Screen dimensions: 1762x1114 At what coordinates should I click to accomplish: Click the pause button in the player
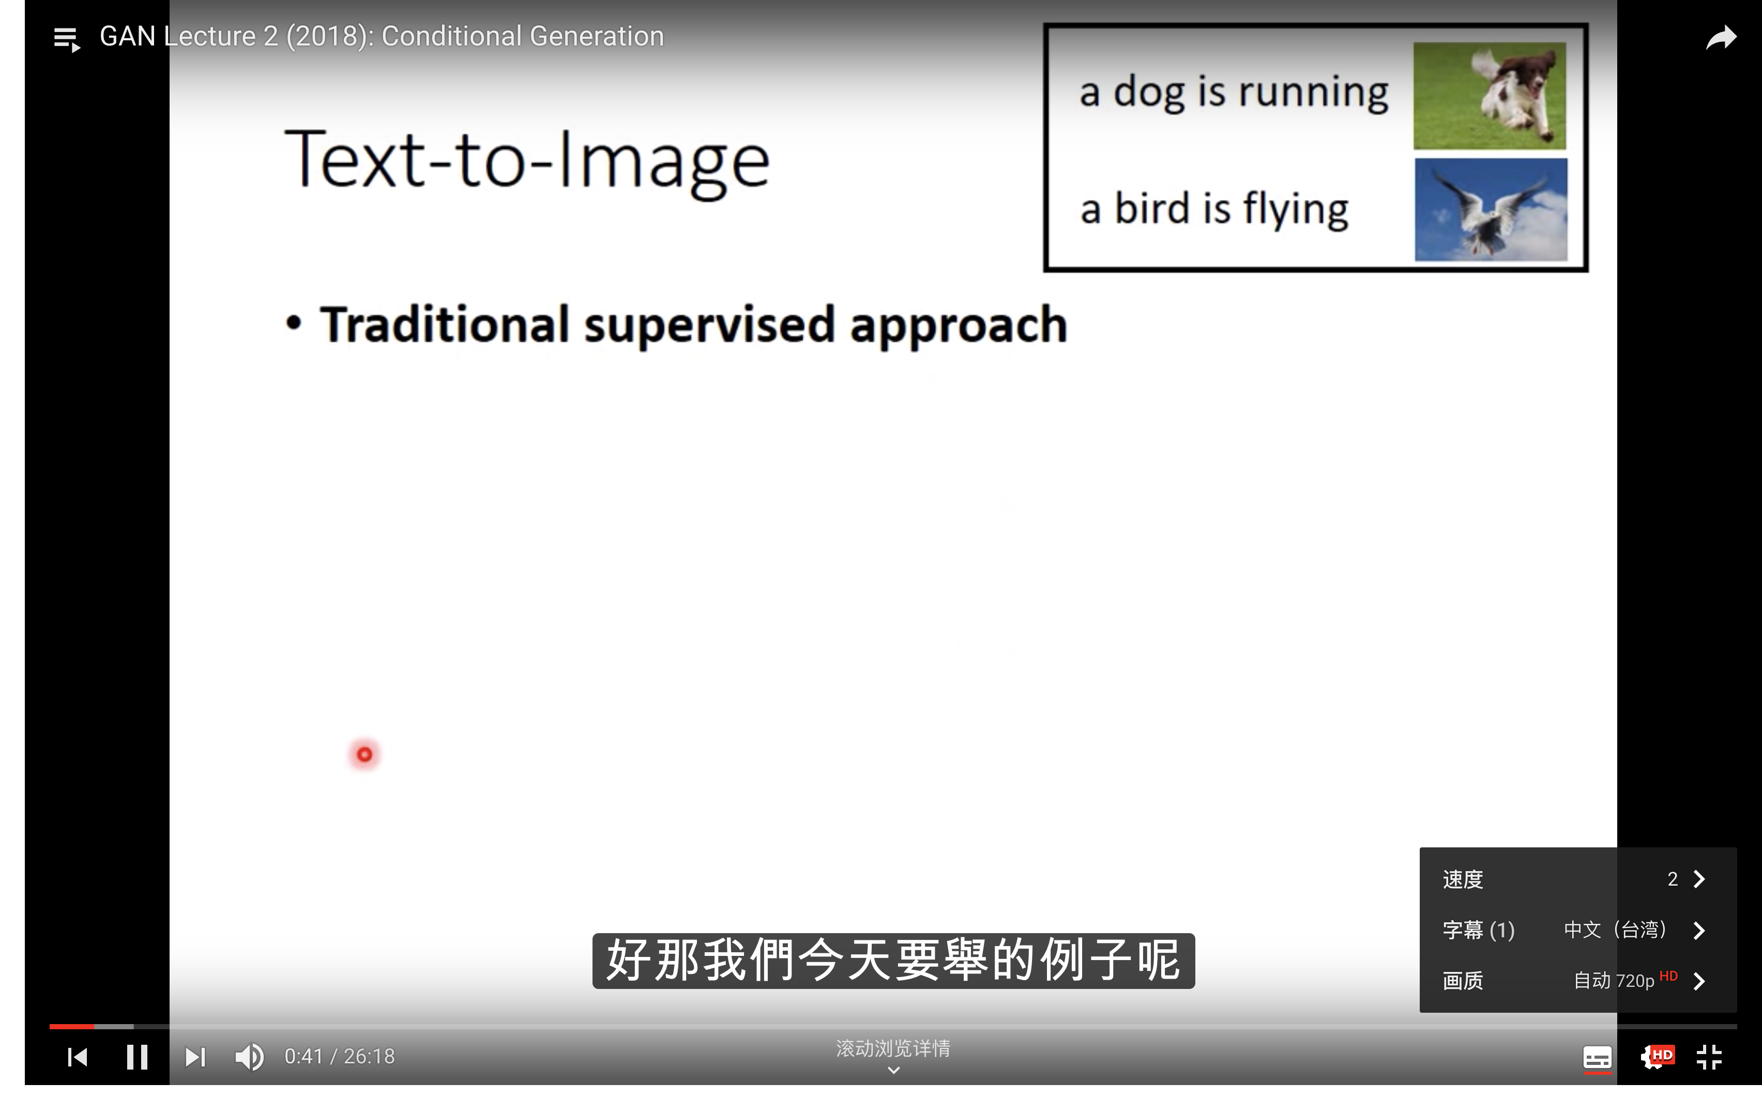click(137, 1056)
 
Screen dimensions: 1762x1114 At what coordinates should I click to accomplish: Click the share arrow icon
click(1721, 37)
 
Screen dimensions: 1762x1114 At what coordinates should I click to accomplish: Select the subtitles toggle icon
click(1598, 1058)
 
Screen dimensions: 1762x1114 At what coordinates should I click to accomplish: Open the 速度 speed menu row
click(1577, 878)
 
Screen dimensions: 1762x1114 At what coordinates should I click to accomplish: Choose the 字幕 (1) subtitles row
click(1577, 930)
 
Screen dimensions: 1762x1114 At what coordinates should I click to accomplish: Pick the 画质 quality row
click(1577, 980)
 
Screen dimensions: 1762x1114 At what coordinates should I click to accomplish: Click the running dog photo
click(1489, 96)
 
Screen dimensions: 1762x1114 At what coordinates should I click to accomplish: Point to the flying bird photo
click(1491, 209)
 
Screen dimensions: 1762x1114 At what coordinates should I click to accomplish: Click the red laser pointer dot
click(364, 754)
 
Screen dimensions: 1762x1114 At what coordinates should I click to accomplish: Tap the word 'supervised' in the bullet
click(709, 325)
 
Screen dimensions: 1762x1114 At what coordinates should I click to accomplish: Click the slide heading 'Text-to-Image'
click(527, 161)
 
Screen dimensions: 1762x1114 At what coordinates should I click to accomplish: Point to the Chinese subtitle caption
click(893, 961)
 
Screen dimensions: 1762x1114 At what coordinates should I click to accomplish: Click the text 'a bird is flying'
click(1214, 209)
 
